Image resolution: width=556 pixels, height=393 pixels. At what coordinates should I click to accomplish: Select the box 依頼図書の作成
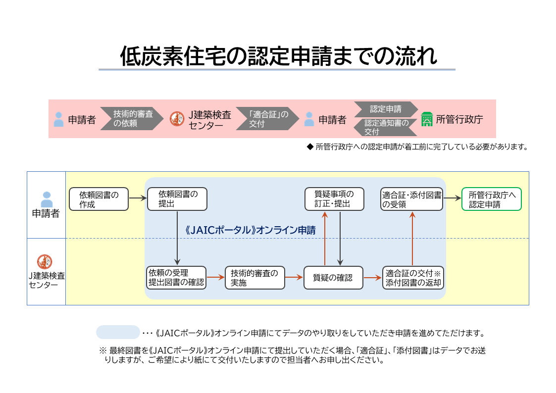coord(99,199)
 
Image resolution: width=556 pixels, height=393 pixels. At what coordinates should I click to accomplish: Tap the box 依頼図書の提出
coord(177,199)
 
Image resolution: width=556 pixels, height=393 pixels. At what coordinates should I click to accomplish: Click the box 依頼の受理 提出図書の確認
coord(176,278)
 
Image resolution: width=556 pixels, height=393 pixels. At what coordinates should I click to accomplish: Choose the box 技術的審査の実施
coord(255,278)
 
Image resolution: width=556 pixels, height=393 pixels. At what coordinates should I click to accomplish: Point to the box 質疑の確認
coord(333,278)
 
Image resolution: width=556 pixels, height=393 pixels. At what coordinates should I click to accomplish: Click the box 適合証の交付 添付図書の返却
coord(412,278)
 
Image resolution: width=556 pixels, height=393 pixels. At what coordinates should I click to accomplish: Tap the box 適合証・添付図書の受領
coord(411,199)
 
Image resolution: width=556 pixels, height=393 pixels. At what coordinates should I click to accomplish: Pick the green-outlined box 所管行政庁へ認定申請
coord(491,199)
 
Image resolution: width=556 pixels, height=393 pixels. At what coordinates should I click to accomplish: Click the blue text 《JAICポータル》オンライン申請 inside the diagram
coord(251,230)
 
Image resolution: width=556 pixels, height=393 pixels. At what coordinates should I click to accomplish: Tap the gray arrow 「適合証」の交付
coord(268,119)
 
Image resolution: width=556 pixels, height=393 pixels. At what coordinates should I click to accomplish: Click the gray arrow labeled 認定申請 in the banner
coord(385,109)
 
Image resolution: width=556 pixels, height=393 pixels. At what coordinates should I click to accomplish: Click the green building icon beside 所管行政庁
coord(427,119)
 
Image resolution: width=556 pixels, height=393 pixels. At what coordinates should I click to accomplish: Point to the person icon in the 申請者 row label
coord(46,199)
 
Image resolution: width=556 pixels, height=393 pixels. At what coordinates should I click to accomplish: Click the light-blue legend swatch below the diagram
coord(118,332)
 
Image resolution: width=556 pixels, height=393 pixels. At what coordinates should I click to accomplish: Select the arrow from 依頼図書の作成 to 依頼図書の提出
coord(138,199)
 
